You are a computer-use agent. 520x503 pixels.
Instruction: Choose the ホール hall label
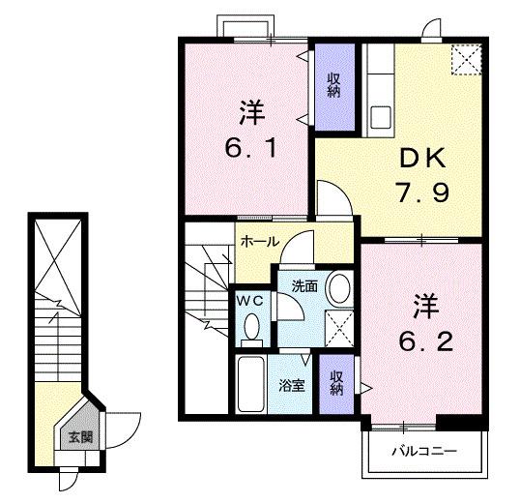[259, 242]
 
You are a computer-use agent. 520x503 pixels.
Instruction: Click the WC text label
[248, 301]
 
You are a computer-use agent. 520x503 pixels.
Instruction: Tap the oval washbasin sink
[339, 287]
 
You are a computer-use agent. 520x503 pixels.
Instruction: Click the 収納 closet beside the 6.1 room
[332, 85]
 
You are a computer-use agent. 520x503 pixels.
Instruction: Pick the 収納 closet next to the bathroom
[336, 383]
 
